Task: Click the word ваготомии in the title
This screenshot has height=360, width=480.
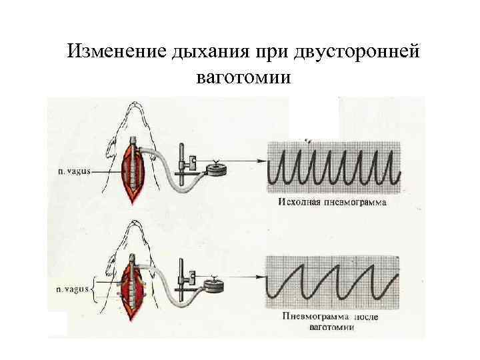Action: (244, 78)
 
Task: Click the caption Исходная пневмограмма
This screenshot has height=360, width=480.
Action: (331, 201)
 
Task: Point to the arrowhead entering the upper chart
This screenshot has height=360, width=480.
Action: (260, 161)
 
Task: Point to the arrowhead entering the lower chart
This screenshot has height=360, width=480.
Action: (260, 275)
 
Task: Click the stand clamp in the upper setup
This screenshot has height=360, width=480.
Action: (191, 162)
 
